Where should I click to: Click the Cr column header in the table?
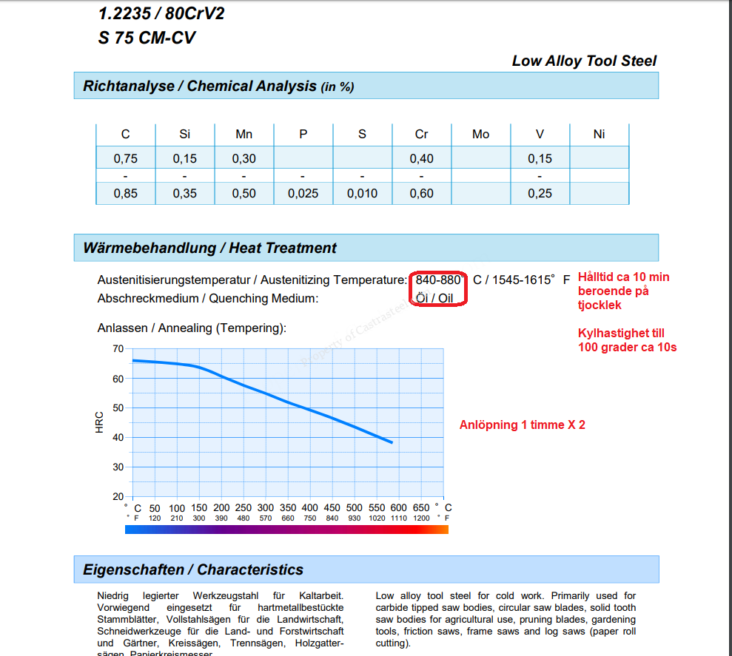[x=421, y=134]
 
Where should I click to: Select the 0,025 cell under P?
[x=303, y=194]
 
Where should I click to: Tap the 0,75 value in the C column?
[x=125, y=158]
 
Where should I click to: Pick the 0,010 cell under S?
[x=362, y=194]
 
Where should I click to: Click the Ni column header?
[x=599, y=134]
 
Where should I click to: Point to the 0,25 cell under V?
[x=540, y=194]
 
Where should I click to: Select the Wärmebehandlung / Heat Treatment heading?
[x=209, y=248]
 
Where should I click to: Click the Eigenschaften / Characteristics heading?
[x=193, y=570]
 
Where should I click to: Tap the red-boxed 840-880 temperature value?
[x=440, y=280]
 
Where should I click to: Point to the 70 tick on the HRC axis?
[x=118, y=348]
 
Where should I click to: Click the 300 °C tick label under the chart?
[x=265, y=508]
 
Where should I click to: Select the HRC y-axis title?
[x=100, y=422]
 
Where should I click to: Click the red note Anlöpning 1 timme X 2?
[x=522, y=425]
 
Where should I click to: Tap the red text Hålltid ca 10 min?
[x=623, y=277]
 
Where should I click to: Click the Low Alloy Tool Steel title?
[x=584, y=61]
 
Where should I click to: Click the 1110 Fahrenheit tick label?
[x=399, y=518]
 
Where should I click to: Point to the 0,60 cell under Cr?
[x=421, y=194]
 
